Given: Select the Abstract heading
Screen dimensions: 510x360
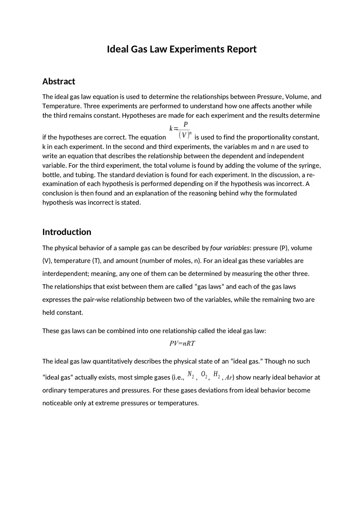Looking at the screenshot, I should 59,81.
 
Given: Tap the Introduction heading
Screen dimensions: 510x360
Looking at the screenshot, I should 67,232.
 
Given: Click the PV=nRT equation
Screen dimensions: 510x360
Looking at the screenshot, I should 182,344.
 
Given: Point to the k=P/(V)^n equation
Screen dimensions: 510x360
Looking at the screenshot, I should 180,130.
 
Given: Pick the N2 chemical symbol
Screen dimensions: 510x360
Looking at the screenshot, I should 191,375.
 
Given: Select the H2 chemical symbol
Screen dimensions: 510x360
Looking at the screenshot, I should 217,375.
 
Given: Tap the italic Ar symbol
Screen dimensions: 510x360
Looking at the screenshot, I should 229,377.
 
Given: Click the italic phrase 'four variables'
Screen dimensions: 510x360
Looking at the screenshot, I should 229,248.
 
